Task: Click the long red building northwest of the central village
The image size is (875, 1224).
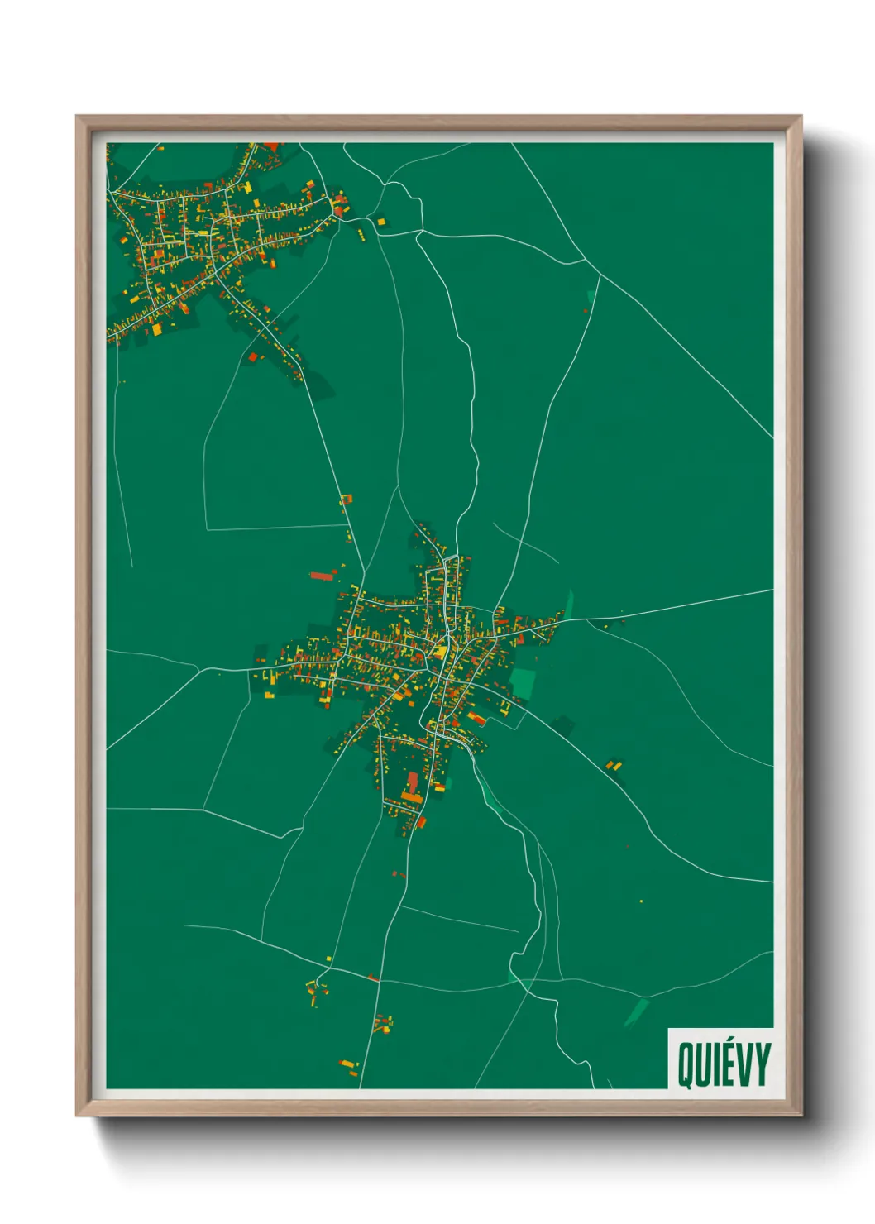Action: coord(322,576)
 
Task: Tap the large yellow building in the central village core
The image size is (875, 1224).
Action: coord(440,653)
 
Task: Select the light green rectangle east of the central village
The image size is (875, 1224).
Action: coord(523,684)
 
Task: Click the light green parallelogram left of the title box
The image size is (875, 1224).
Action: coord(636,1012)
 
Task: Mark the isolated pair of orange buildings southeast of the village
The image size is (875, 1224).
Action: coord(614,766)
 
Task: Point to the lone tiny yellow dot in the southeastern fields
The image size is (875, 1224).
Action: coord(641,901)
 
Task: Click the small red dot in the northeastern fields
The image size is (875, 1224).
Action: coord(586,311)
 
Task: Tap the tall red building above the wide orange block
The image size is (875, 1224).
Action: coord(413,782)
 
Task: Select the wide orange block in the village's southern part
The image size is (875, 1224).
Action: coord(412,797)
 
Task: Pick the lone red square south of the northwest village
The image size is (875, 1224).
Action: coord(253,357)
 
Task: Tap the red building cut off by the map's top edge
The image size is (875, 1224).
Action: coord(270,147)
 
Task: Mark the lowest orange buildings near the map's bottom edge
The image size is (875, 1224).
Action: coord(349,1065)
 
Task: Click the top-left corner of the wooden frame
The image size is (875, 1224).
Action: coord(77,117)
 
